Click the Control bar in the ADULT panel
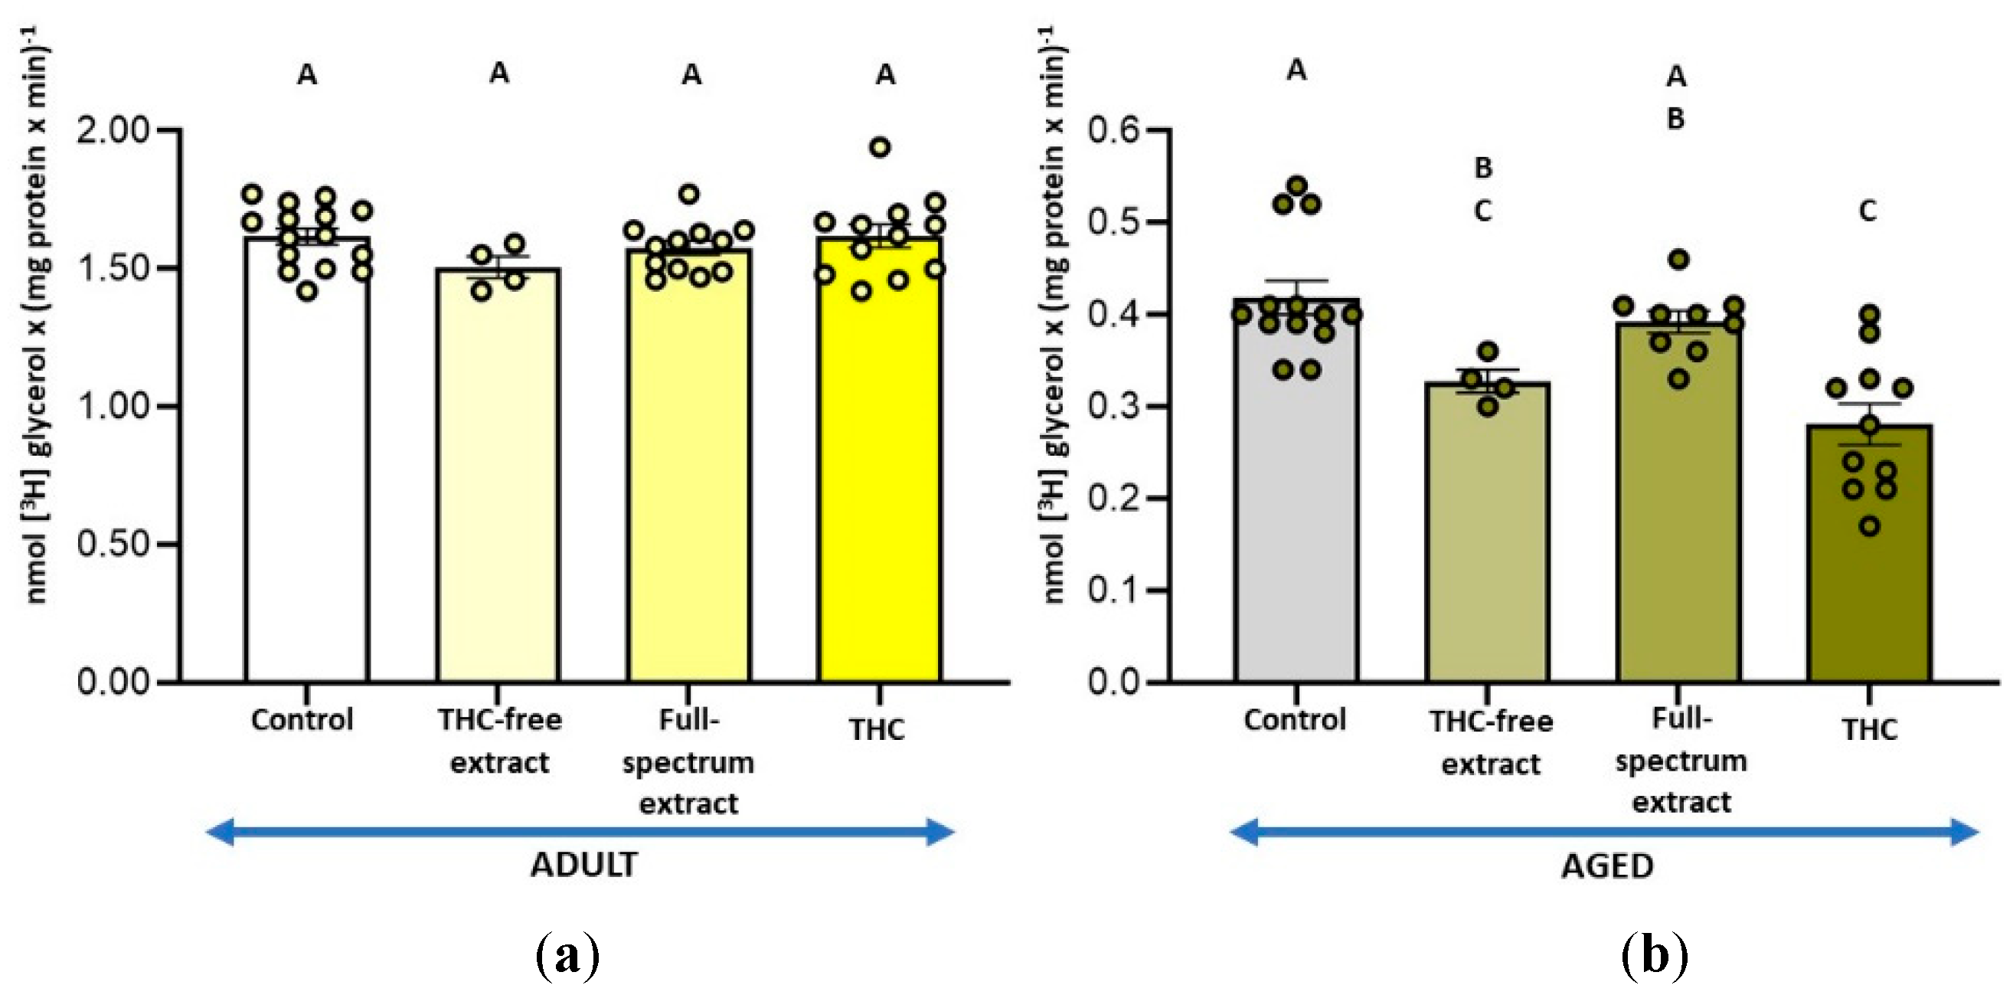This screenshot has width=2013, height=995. tap(306, 469)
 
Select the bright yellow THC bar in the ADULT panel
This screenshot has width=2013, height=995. tap(879, 469)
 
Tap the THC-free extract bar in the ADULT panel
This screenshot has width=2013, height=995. tap(498, 485)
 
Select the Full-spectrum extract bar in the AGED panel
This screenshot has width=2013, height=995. tap(1678, 508)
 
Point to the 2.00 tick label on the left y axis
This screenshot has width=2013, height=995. tap(113, 129)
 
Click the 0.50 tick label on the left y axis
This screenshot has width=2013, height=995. tap(113, 544)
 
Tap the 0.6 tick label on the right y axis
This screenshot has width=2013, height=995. tap(1113, 129)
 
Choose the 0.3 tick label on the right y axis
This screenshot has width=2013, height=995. tap(1113, 407)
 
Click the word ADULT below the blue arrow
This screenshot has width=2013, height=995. tap(583, 866)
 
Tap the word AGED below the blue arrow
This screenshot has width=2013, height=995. tap(1606, 866)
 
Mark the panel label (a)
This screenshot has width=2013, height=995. tap(568, 954)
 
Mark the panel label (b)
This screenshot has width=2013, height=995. tap(1655, 954)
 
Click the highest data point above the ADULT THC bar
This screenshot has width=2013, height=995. tap(880, 147)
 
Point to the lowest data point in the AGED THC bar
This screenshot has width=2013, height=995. tap(1869, 527)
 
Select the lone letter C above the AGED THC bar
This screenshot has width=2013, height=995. tap(1868, 211)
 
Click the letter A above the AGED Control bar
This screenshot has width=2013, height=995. tap(1296, 70)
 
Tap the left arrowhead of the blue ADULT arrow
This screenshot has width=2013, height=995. tap(219, 832)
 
